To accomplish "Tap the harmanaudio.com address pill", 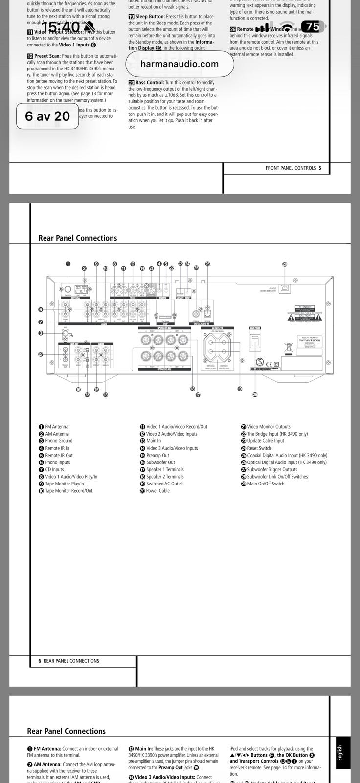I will pos(180,64).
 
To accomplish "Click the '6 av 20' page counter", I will pos(47,116).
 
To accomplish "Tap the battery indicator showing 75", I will pos(313,26).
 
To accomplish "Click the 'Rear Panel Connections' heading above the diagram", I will pos(78,238).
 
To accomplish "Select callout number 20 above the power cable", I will pos(285,264).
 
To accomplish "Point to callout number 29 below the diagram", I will pos(255,394).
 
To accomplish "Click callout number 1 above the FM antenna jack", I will pos(68,264).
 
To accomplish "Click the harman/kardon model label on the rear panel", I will pos(310,341).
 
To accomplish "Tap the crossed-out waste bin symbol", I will pos(288,348).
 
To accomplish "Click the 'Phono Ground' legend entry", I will pos(59,441).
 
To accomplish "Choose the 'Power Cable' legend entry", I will pos(157,491).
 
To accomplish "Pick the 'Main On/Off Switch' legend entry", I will pos(265,484).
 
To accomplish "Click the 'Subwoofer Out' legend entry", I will pos(160,462).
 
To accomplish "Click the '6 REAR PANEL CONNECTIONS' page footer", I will pos(69,661).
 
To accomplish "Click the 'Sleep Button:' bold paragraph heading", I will pos(150,17).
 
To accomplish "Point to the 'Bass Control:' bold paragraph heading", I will pos(150,83).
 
